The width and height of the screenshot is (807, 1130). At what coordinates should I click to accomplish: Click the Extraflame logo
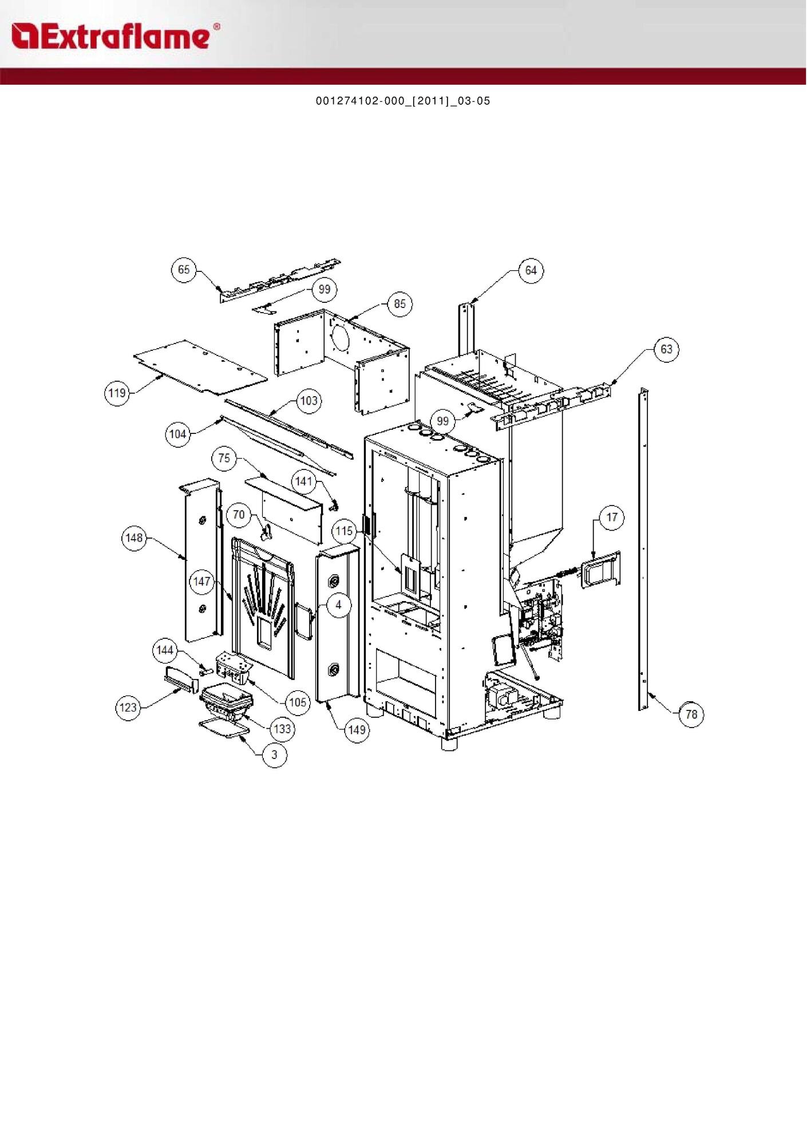point(115,36)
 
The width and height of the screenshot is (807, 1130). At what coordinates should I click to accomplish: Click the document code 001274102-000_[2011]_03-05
point(403,101)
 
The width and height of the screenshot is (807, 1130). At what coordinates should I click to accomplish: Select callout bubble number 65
point(184,270)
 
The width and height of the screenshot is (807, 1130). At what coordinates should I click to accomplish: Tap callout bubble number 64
point(531,270)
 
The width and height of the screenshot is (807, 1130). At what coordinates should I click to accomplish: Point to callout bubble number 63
point(667,349)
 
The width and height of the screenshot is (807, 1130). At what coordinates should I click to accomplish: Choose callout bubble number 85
point(400,303)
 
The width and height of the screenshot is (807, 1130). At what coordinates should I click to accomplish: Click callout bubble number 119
point(117,393)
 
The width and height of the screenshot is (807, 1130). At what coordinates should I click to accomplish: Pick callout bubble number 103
point(309,401)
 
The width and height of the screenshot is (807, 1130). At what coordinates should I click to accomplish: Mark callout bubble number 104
point(178,434)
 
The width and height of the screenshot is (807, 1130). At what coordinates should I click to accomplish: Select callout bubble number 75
point(224,458)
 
